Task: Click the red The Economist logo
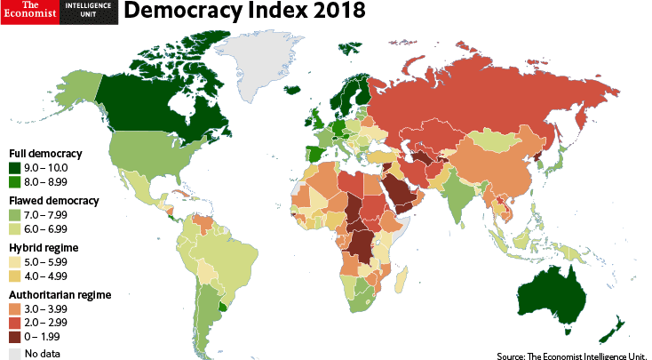pos(30,12)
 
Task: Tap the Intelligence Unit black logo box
pos(89,12)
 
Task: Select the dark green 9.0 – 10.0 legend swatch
pos(15,167)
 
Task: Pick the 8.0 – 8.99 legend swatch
pos(15,180)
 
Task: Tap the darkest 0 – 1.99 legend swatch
pos(15,335)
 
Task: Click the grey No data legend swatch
pos(15,354)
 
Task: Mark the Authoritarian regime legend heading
pos(60,294)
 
